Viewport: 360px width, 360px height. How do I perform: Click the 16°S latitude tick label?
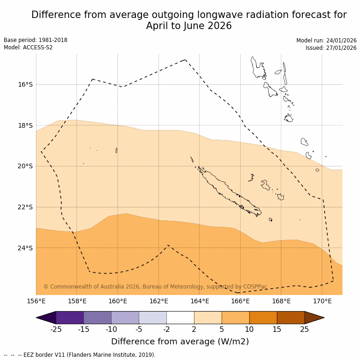coord(25,84)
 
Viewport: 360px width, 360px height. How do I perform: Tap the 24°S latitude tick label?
coord(25,248)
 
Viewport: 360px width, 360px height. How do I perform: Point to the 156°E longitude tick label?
coord(36,301)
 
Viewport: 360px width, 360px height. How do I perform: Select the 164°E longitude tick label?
coord(200,301)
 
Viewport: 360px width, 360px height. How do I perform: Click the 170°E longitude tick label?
coord(322,301)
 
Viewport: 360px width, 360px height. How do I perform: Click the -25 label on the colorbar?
coord(56,329)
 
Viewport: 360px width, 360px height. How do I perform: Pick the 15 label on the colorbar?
coord(277,329)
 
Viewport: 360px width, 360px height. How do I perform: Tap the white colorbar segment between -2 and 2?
coord(180,318)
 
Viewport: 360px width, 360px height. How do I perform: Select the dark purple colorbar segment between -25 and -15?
coord(70,318)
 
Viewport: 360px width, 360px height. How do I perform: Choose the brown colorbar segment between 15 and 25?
coord(291,318)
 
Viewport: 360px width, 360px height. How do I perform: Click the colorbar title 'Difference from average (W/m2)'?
coord(180,342)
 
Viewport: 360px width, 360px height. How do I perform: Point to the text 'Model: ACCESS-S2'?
coord(28,47)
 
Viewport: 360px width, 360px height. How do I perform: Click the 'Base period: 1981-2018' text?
coord(35,40)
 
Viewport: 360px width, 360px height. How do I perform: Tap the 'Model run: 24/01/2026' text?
coord(326,40)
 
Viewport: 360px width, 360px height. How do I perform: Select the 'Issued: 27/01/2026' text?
coord(331,47)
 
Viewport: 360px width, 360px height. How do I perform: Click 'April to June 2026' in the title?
coord(189,26)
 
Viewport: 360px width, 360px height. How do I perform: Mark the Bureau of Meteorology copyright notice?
coord(155,287)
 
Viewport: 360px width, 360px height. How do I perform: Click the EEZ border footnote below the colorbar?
coord(80,355)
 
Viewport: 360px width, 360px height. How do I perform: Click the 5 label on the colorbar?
coord(222,329)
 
